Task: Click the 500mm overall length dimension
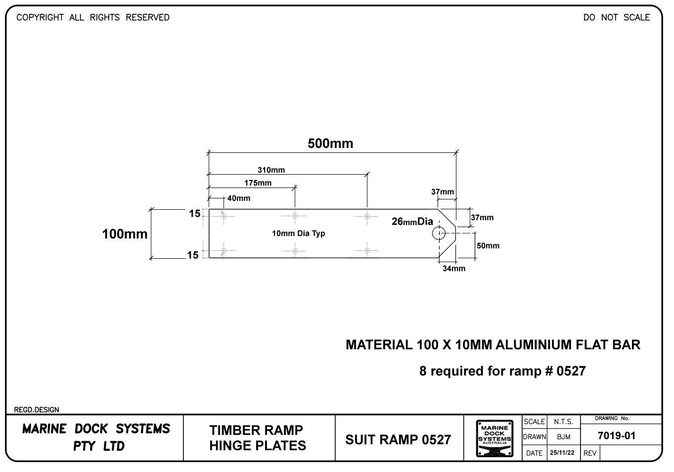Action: click(330, 143)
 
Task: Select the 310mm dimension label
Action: click(271, 170)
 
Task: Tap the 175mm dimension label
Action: click(258, 183)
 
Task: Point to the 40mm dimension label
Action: click(238, 198)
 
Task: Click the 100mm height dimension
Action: click(125, 234)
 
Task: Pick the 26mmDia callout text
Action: click(412, 222)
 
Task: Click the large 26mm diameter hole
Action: click(439, 233)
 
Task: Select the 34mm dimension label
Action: click(453, 269)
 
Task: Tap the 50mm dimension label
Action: click(488, 246)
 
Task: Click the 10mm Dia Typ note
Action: click(298, 234)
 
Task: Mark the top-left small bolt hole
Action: click(224, 216)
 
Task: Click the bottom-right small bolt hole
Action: click(367, 251)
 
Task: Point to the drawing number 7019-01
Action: click(616, 436)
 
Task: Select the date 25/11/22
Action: click(562, 453)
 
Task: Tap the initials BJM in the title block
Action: click(563, 437)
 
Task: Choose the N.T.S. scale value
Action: click(563, 422)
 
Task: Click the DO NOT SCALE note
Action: click(616, 18)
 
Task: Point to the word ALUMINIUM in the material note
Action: click(534, 345)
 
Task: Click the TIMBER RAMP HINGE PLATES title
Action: click(257, 438)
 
